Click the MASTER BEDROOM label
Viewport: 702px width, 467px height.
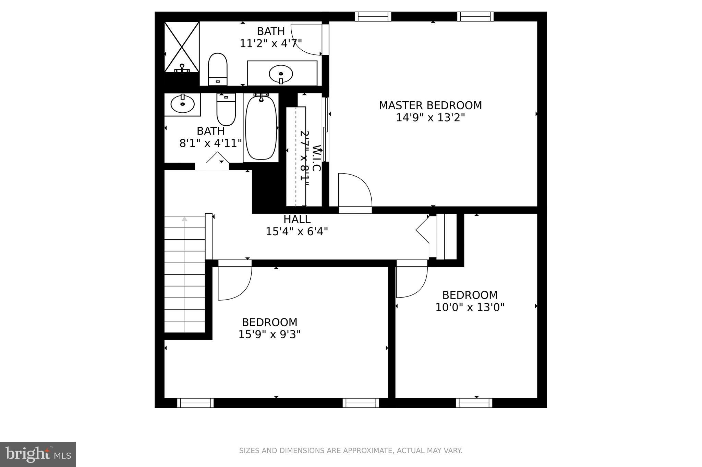coord(430,105)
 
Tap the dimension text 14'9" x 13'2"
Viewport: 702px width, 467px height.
coord(430,118)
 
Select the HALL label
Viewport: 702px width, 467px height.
coord(297,219)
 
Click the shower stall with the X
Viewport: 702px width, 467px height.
coord(182,47)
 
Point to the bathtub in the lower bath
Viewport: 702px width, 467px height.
coord(261,128)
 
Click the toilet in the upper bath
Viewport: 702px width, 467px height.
coord(218,68)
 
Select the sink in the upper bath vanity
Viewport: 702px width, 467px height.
coord(281,73)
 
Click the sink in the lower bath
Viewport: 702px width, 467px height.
coord(182,103)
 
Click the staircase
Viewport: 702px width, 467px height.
coord(184,274)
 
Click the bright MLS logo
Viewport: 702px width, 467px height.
coord(38,454)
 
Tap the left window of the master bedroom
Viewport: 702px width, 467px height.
coord(373,16)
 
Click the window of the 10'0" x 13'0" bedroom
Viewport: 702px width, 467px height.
coord(474,403)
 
